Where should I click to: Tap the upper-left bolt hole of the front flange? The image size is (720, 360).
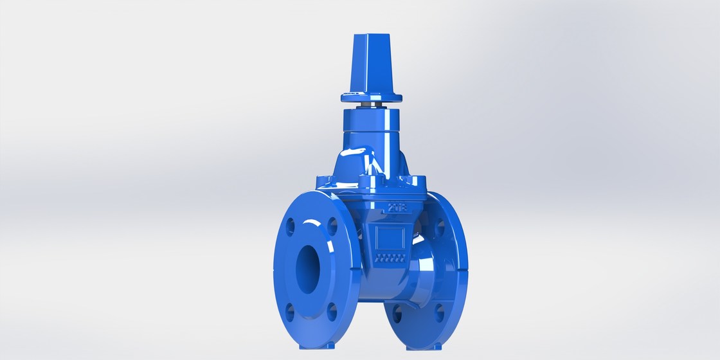tap(290, 226)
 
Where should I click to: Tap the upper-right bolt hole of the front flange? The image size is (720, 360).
tap(333, 226)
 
